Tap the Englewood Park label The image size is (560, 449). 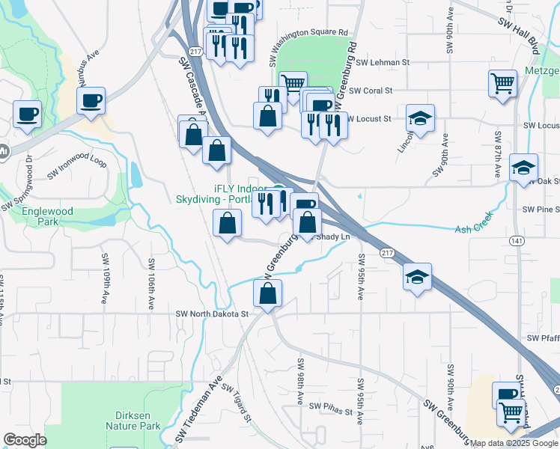pyautogui.click(x=47, y=217)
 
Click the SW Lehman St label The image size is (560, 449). pyautogui.click(x=383, y=64)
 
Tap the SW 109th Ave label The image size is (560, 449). pyautogui.click(x=105, y=270)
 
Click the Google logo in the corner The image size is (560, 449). pyautogui.click(x=25, y=440)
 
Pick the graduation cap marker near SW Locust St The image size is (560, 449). pyautogui.click(x=421, y=117)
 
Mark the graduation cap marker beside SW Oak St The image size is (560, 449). pyautogui.click(x=523, y=166)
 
